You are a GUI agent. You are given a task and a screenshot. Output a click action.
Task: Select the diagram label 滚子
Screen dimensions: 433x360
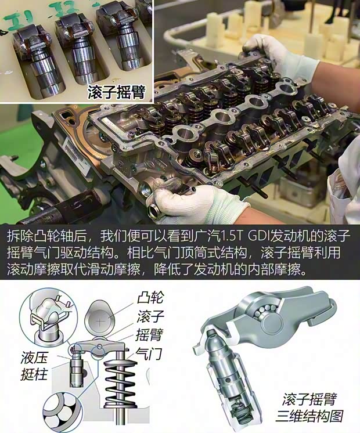click(x=149, y=317)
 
